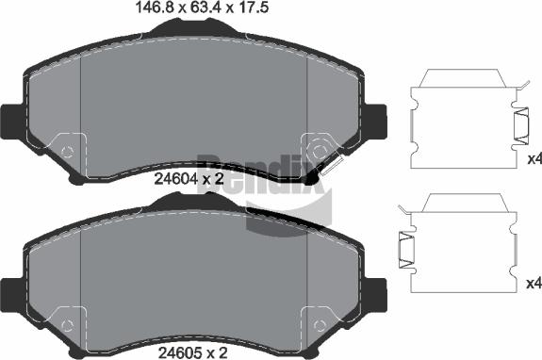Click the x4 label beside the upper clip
(533, 158)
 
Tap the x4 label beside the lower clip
(533, 282)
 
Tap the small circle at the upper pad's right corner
(319, 150)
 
